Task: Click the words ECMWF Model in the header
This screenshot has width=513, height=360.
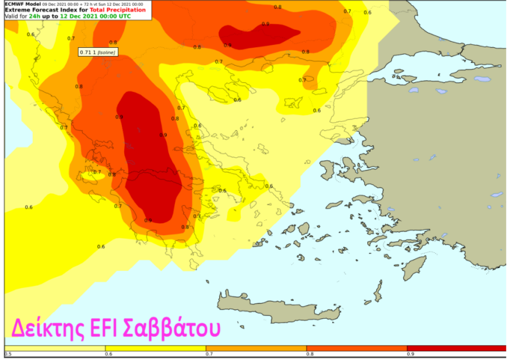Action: [x=22, y=3]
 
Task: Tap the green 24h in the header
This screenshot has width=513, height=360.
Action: [x=34, y=16]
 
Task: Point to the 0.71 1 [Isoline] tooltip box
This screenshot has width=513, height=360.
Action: [x=98, y=52]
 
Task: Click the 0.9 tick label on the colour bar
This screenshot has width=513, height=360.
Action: [x=410, y=354]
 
